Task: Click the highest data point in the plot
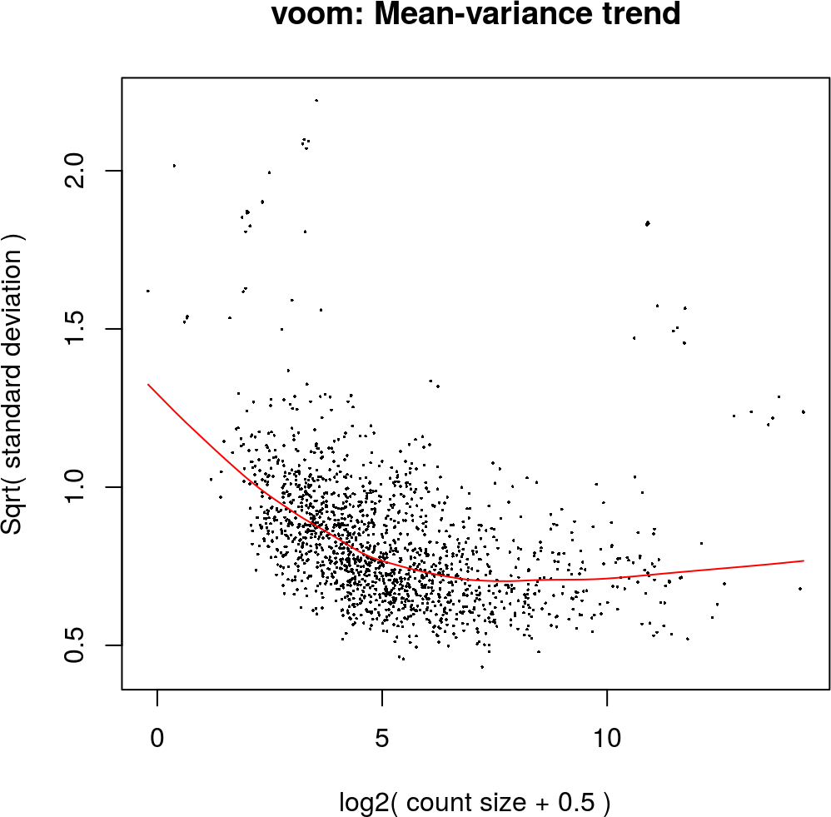(x=316, y=100)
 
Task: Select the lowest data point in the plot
(x=481, y=667)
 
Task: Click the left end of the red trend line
(x=148, y=385)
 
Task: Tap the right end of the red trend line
(x=804, y=560)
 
